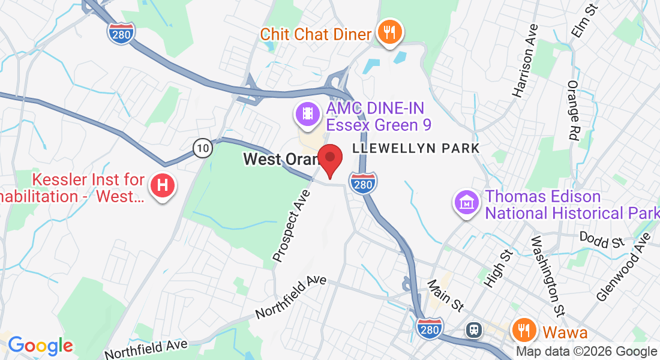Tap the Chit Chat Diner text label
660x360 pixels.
[316, 34]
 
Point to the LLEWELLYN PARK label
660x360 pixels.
[416, 148]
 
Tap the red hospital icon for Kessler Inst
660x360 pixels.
[162, 186]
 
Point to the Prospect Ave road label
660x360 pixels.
[292, 226]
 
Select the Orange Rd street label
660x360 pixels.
[572, 111]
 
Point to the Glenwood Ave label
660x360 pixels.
[624, 266]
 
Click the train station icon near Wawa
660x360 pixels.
[474, 329]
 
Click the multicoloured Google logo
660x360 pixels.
[40, 346]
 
